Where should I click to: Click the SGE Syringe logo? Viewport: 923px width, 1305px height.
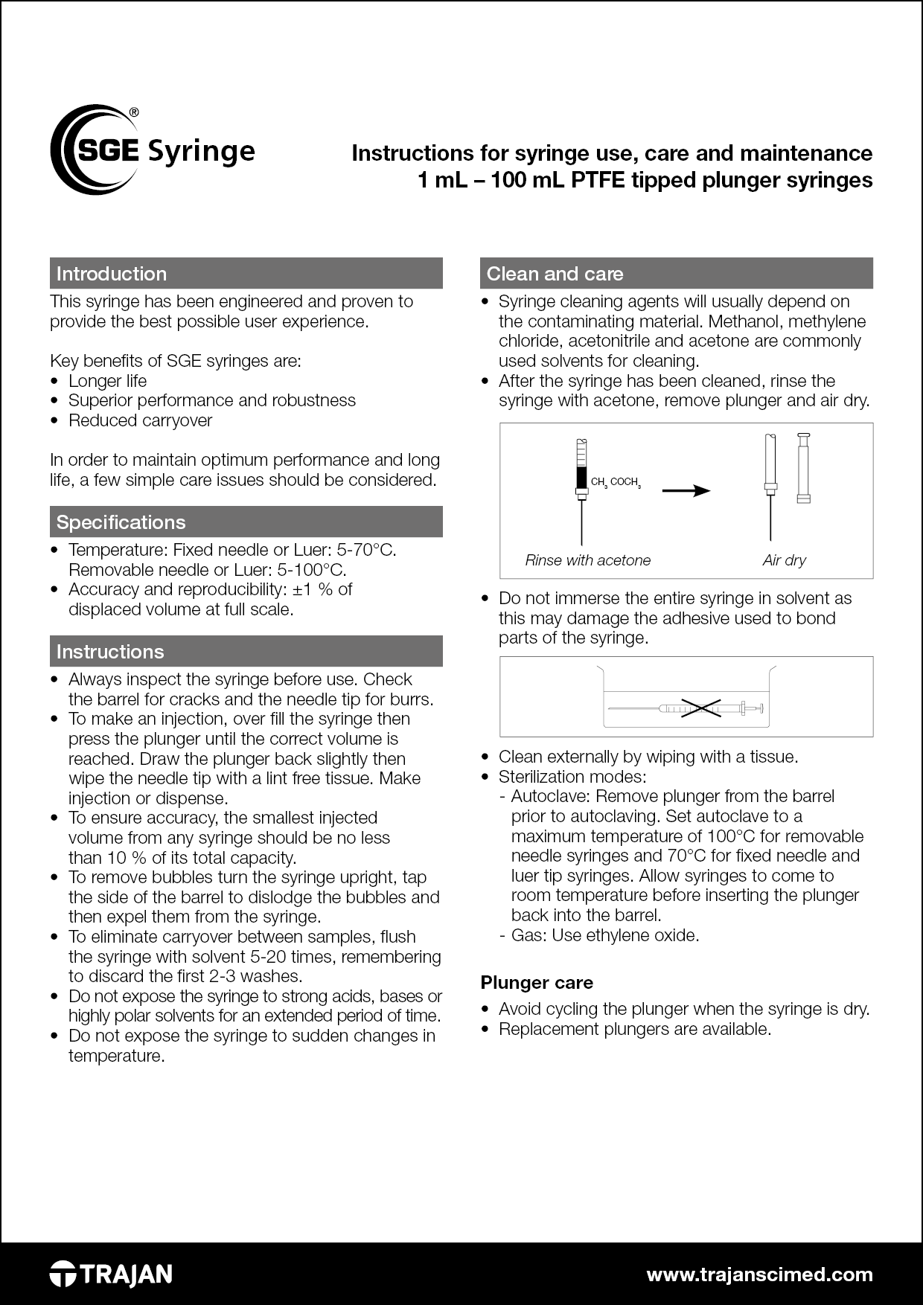coord(153,150)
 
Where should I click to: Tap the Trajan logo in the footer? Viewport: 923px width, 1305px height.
coord(111,1274)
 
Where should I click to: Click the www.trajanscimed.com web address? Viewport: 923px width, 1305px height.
coord(759,1274)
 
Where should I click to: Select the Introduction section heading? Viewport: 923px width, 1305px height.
coord(112,274)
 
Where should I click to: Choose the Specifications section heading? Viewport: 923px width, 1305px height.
coord(121,522)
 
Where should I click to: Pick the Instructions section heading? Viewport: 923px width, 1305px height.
coord(110,652)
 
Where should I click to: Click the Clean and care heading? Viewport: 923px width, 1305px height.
coord(555,274)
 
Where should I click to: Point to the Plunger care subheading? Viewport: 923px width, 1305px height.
coord(537,983)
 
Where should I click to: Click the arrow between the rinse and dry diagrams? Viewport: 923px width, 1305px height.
coord(686,490)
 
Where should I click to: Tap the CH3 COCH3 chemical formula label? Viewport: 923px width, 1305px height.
coord(615,482)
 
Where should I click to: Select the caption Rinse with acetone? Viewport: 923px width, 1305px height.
coord(587,560)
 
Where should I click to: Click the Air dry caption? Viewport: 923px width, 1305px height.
coord(784,560)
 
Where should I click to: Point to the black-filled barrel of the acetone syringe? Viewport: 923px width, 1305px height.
coord(581,477)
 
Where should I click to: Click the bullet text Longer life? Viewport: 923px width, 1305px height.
coord(107,381)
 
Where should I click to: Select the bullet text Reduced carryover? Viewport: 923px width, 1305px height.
coord(140,420)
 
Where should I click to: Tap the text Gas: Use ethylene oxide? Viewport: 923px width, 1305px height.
coord(604,935)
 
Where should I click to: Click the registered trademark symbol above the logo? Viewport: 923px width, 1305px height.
coord(133,112)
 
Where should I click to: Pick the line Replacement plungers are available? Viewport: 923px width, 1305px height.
coord(634,1029)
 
